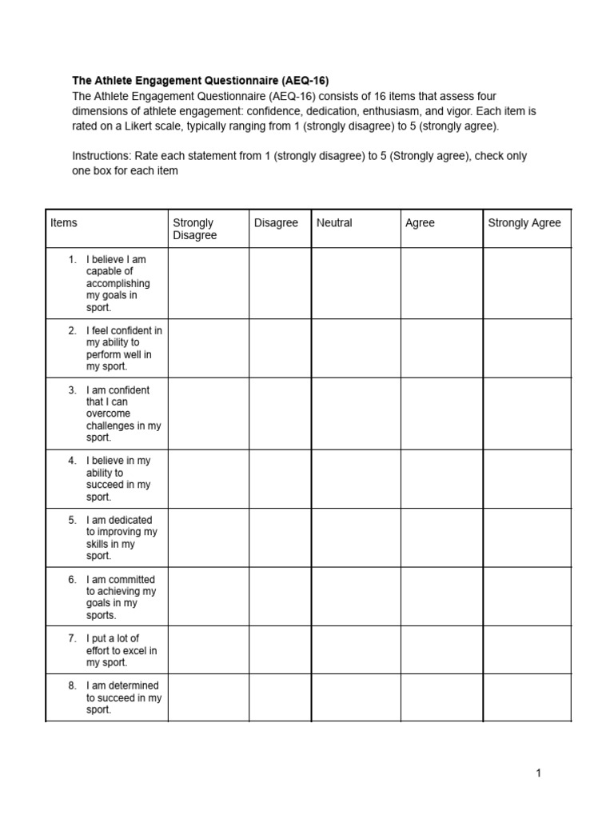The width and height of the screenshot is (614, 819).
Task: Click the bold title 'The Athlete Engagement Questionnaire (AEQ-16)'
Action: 200,81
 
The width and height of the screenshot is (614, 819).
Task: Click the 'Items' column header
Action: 64,223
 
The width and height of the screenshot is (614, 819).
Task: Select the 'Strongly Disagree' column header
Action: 194,229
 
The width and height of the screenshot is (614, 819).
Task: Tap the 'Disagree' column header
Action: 276,223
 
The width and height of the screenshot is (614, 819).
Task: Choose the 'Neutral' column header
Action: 334,223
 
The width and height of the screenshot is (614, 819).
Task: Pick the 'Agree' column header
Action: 420,223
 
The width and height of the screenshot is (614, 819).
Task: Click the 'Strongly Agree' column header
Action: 524,223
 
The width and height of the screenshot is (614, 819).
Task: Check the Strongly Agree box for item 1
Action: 527,283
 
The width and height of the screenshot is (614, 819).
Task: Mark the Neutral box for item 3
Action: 356,413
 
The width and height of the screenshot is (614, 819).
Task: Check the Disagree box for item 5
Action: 280,537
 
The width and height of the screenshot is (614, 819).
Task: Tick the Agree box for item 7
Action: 441,650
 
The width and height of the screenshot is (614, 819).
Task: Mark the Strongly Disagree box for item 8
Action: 208,697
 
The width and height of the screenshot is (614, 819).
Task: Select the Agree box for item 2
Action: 441,348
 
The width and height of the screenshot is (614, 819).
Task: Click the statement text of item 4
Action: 118,478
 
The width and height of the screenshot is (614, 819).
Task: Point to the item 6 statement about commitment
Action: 121,597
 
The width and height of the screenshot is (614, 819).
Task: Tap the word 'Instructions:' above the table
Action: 102,156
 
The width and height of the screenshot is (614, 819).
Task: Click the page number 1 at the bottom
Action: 539,773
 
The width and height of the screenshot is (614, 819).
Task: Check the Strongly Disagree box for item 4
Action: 208,478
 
